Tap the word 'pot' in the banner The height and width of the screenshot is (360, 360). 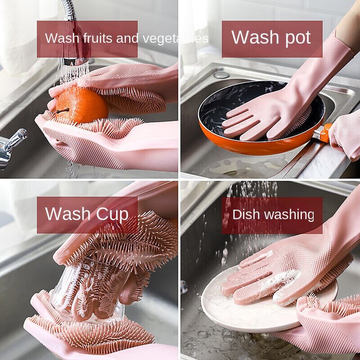[294, 38]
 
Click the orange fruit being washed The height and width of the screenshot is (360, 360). [81, 104]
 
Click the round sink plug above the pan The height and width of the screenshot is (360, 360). [221, 74]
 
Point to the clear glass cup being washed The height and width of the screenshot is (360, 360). [85, 288]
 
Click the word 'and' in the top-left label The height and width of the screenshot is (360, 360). [127, 39]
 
